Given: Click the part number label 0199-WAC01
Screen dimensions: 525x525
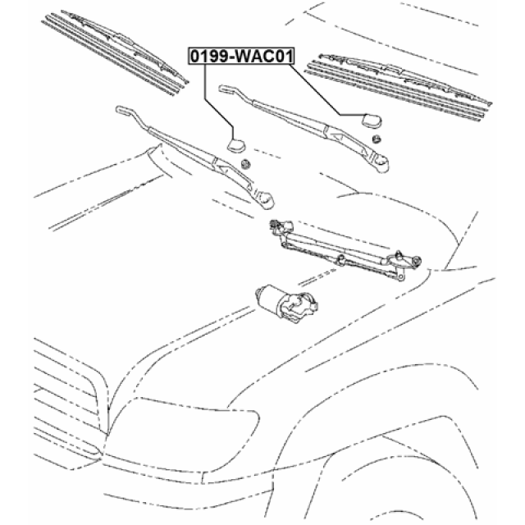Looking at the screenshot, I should (240, 57).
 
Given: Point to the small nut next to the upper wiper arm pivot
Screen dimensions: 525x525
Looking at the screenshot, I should (376, 140).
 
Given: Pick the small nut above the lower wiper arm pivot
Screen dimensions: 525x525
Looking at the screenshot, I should (244, 166).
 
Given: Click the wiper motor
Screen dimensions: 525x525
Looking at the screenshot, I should (282, 301).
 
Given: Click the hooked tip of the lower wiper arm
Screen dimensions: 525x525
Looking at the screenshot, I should (123, 109).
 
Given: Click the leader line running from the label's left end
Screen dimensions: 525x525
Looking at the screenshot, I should (209, 98).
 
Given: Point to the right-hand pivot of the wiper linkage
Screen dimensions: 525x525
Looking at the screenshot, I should (410, 261).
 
